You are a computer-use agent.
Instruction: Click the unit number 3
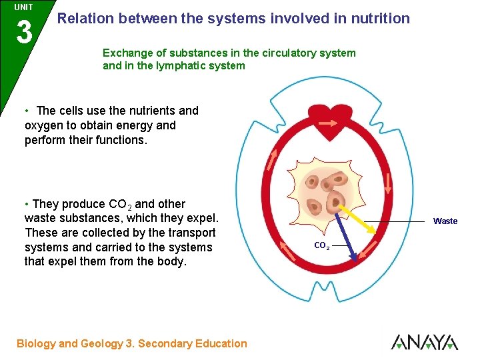24,31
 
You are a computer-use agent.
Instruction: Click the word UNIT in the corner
23,7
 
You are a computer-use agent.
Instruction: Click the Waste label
445,221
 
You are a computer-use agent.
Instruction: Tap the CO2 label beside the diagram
321,246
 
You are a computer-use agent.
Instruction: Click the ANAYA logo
424,342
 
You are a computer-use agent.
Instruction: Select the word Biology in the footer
36,344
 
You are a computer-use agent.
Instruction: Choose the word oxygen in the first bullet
44,125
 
